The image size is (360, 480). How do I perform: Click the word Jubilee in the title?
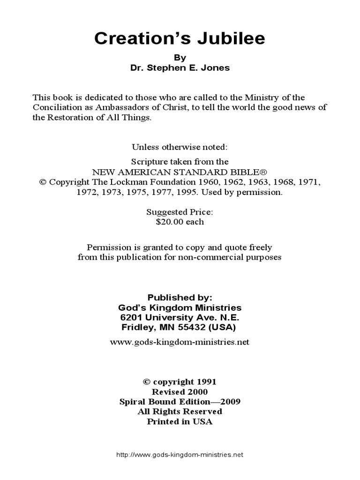pos(233,39)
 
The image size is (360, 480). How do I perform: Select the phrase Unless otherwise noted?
pos(180,147)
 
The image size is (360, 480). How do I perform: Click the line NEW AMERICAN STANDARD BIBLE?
pos(180,171)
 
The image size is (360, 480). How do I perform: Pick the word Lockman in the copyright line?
pos(135,181)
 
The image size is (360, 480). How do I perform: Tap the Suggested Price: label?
pos(180,212)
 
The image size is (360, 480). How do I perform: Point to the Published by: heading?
pos(180,298)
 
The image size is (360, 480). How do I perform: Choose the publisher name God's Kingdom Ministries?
pos(180,307)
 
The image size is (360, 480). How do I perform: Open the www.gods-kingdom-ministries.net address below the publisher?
pos(180,342)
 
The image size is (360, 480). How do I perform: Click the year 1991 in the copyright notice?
pos(206,382)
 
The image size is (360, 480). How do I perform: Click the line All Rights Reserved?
pos(180,412)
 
